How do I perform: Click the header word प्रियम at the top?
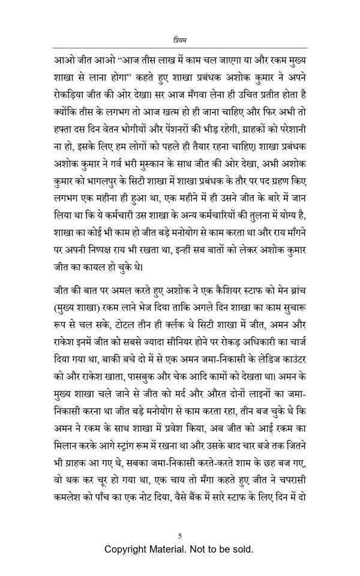pos(180,40)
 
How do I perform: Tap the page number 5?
pos(180,536)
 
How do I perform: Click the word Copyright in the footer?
pos(128,550)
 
